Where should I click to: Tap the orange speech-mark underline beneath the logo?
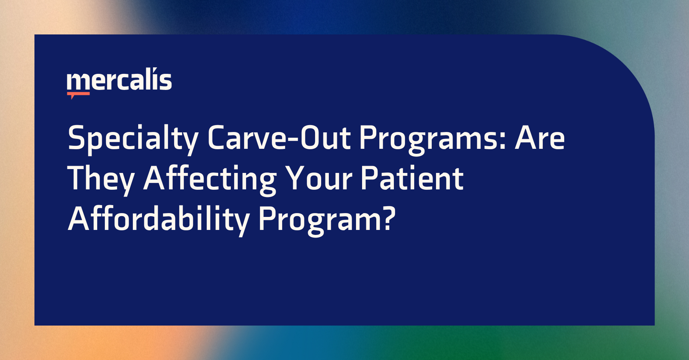(78, 94)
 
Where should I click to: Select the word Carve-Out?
(279, 138)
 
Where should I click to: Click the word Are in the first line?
(540, 138)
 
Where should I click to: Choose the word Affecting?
(210, 179)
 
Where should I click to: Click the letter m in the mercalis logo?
(79, 82)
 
